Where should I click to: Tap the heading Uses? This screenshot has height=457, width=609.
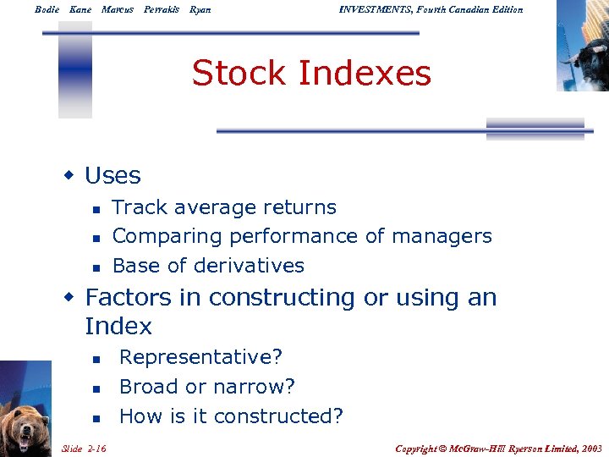(112, 176)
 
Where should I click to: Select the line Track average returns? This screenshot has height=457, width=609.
(224, 207)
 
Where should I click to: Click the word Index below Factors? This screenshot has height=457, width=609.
(118, 327)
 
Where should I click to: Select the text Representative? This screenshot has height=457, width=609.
(200, 358)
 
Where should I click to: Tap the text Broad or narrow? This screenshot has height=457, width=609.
(207, 387)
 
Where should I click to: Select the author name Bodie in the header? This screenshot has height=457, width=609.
(48, 9)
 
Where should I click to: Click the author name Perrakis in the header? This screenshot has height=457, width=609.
(161, 9)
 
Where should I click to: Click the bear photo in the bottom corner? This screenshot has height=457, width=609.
(25, 410)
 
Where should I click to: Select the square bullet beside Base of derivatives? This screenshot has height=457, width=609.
(96, 267)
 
